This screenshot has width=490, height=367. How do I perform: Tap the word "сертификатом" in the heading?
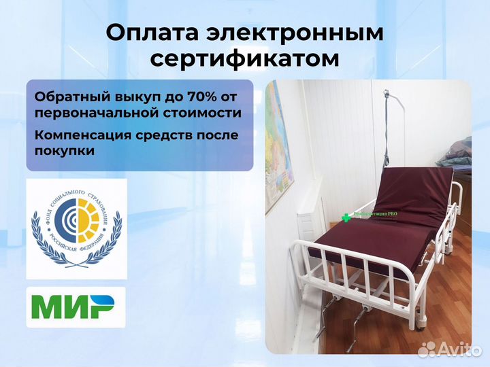244,59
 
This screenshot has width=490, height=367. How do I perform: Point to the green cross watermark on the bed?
346,217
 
